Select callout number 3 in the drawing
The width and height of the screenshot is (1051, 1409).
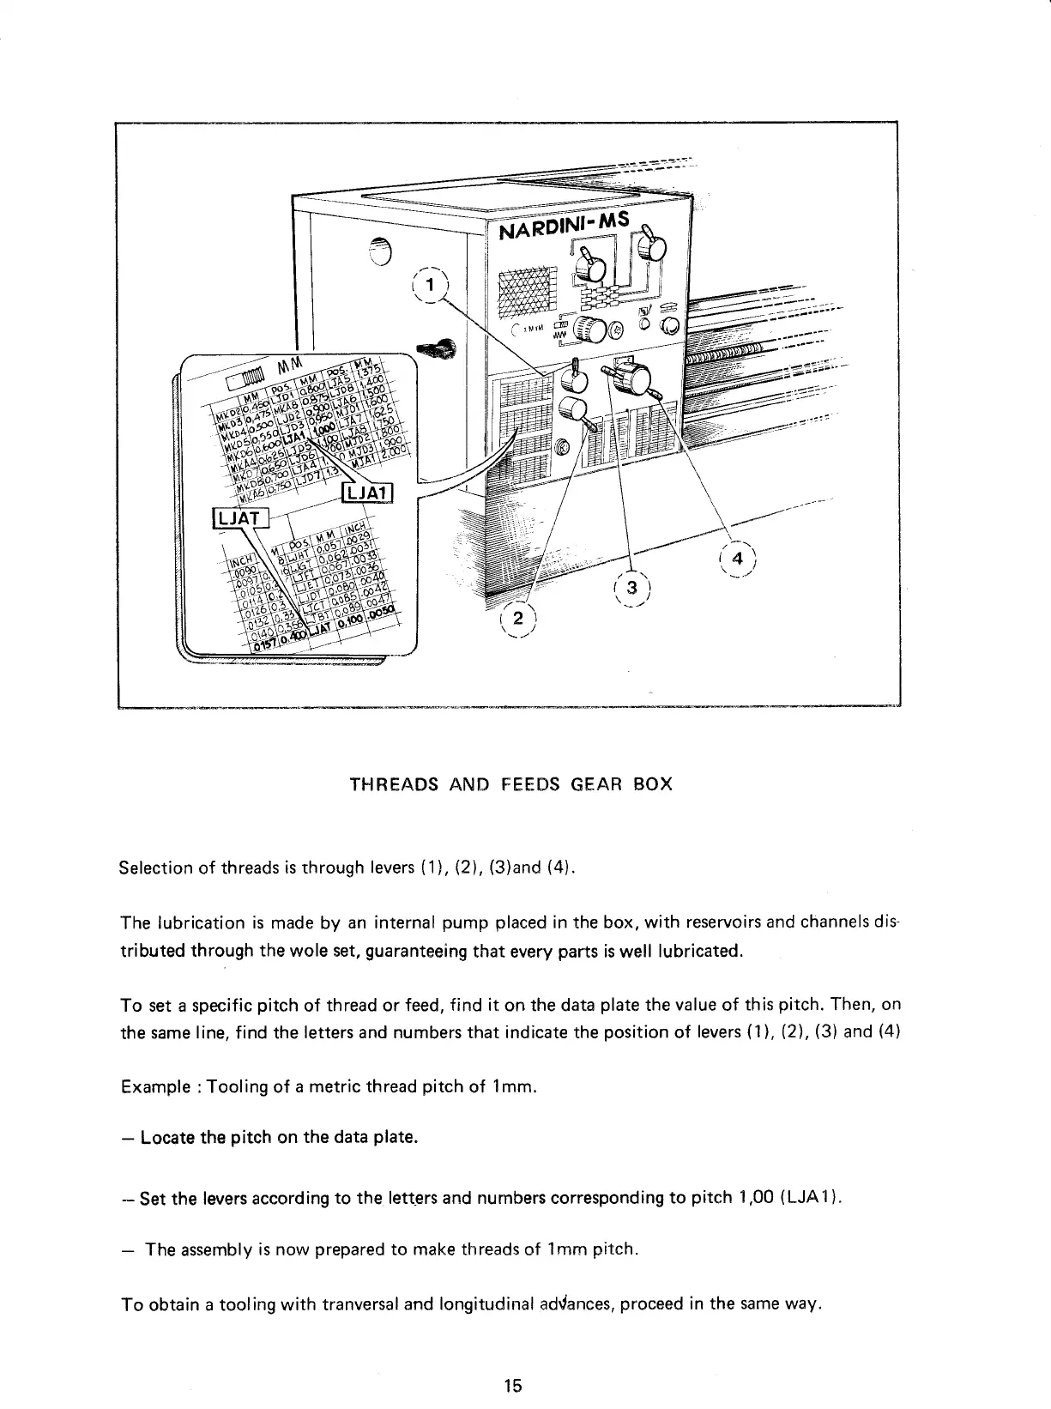(x=633, y=588)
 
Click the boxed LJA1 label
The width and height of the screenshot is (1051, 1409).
(x=366, y=493)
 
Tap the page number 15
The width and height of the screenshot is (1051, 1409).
(x=513, y=1385)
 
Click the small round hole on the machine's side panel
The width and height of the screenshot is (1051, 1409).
(x=380, y=250)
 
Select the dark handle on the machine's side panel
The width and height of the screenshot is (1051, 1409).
(x=437, y=347)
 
